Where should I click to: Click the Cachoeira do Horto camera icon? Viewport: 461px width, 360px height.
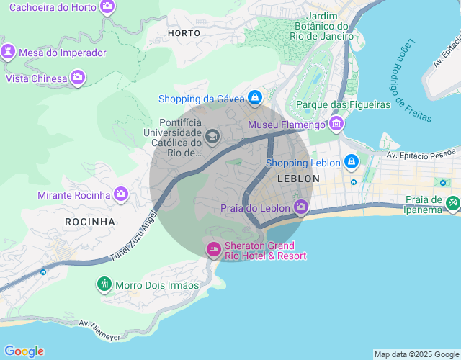(107, 6)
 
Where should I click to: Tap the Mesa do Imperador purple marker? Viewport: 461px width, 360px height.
(8, 53)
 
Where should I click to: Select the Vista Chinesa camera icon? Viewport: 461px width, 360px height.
(78, 78)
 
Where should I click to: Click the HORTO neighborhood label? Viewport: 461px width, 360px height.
(184, 33)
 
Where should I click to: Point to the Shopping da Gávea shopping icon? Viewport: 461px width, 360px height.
(254, 97)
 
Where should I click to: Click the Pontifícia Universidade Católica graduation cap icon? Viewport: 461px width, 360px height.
(212, 136)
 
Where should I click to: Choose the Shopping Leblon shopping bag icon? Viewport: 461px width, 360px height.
(351, 162)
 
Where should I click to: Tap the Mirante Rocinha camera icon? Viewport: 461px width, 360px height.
(121, 194)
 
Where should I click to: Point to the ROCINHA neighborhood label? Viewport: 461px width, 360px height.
(90, 222)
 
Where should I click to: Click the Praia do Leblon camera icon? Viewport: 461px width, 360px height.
(301, 208)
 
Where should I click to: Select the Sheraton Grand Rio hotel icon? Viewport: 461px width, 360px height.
(213, 250)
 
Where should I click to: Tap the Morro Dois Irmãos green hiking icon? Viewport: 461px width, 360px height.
(104, 284)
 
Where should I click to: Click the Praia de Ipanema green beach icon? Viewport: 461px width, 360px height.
(452, 204)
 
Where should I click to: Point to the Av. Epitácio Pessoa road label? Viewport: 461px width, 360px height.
(421, 154)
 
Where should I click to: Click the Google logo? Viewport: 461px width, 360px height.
(24, 351)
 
